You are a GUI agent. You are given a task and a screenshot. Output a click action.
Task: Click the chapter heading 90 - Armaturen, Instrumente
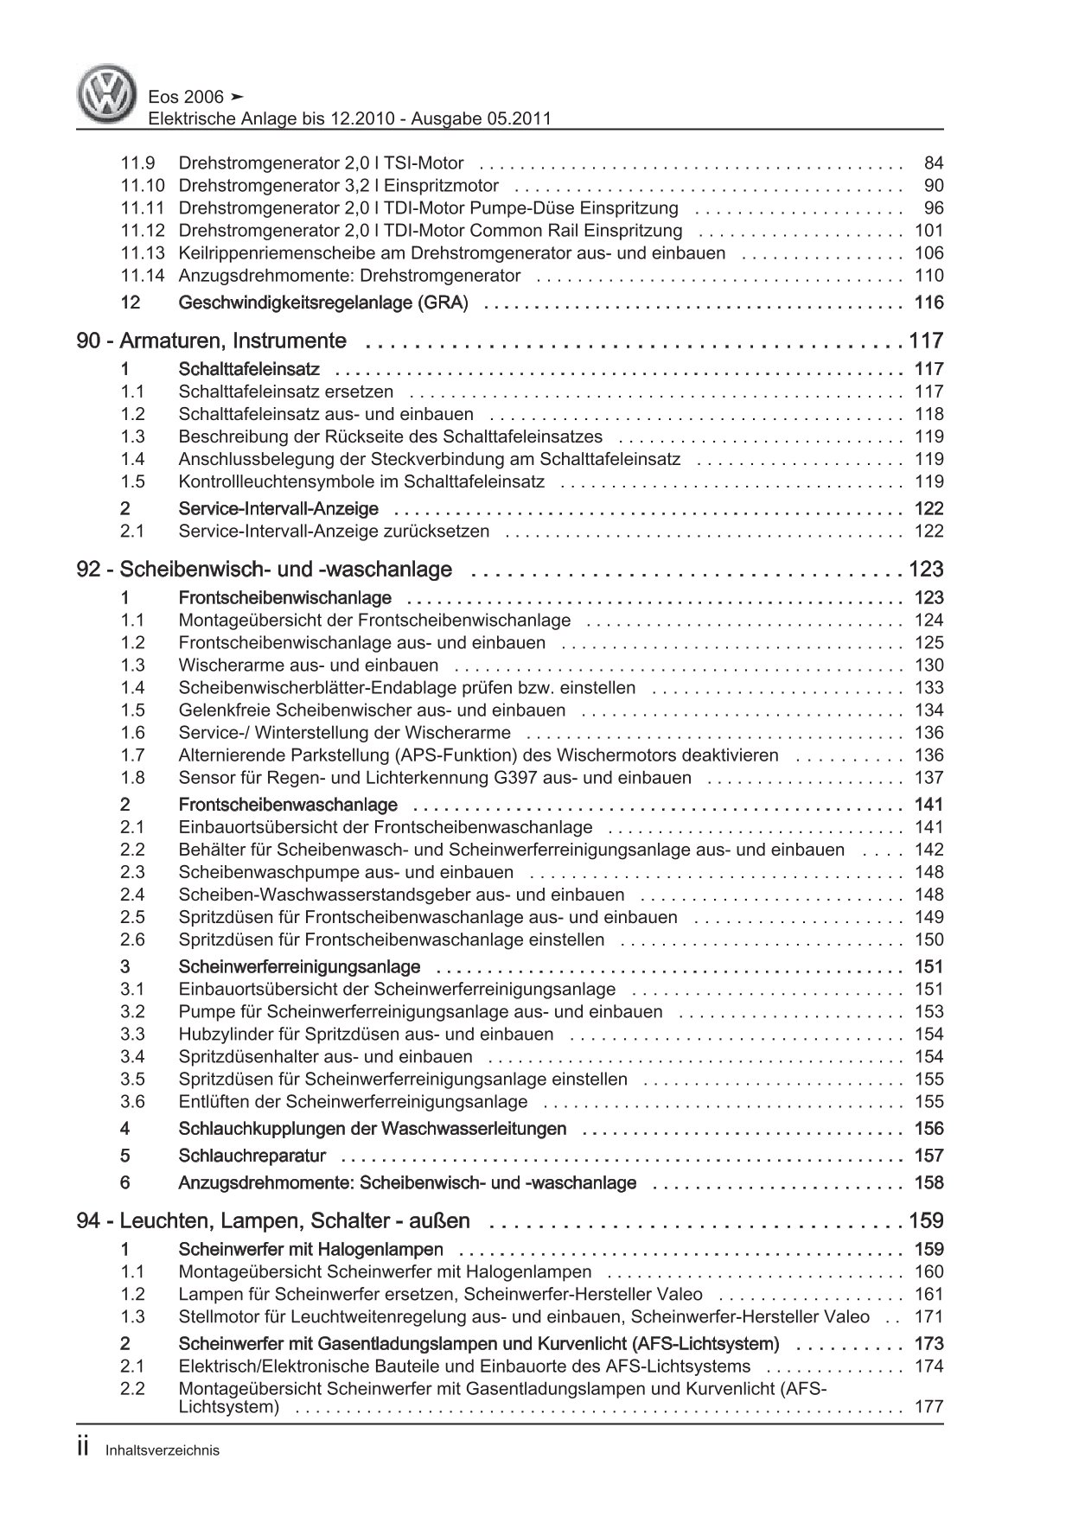212,341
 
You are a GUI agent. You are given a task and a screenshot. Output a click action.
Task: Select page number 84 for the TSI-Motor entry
934,162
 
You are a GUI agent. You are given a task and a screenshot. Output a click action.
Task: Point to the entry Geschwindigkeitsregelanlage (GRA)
323,303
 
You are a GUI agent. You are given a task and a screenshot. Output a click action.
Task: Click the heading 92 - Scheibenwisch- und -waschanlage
265,570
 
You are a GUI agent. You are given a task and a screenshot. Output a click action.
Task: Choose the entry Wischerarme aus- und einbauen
309,666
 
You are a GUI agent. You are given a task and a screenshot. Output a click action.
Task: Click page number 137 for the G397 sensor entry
928,778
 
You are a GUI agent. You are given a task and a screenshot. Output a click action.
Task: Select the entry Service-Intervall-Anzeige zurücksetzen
334,532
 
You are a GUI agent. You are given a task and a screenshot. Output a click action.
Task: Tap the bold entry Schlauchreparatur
252,1156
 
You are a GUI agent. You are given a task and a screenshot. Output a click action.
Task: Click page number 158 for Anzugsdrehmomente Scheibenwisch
928,1182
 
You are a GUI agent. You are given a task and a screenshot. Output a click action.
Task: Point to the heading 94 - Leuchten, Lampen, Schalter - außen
273,1221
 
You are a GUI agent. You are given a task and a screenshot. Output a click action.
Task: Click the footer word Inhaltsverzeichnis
162,1451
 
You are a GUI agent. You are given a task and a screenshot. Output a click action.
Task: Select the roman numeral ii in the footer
84,1449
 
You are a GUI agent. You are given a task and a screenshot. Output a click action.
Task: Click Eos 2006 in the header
187,97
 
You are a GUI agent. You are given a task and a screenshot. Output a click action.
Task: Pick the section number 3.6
132,1102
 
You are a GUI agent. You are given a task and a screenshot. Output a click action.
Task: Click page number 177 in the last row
928,1407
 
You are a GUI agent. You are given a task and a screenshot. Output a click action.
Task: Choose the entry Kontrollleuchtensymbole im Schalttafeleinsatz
361,482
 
